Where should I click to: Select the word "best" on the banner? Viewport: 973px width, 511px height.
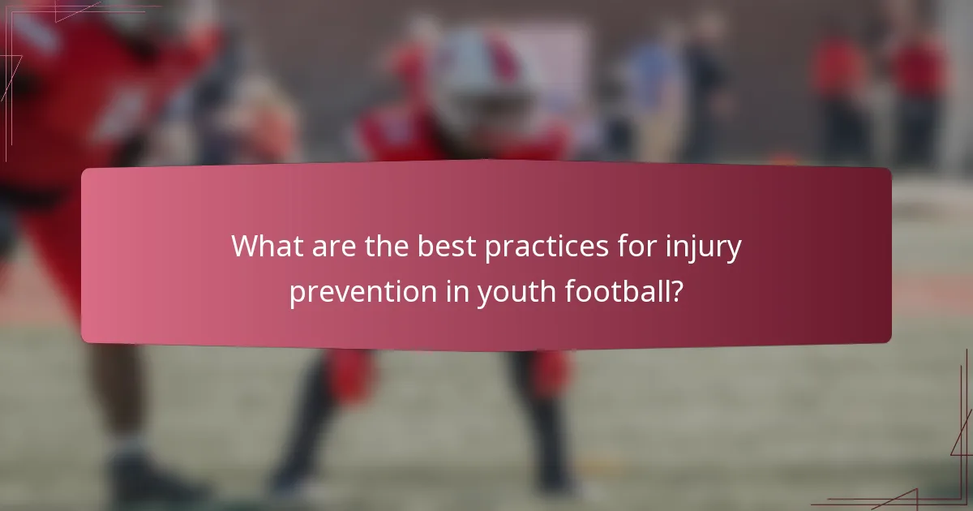448,246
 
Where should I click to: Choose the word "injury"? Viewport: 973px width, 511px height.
706,248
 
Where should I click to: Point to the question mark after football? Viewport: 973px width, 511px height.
675,290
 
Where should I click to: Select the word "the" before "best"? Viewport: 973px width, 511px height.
386,246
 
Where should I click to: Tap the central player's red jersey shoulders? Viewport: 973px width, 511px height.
462,138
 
